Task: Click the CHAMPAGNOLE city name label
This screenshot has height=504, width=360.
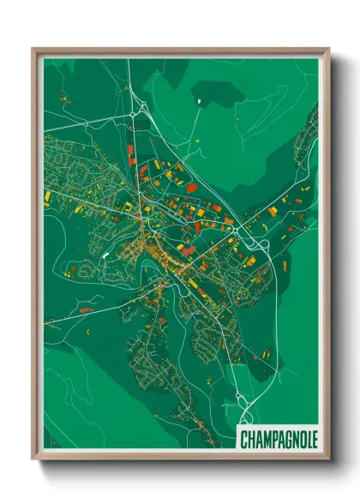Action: coord(279,440)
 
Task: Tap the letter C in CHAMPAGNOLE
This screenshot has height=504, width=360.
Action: coord(244,440)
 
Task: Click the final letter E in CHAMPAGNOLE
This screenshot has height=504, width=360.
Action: coord(313,440)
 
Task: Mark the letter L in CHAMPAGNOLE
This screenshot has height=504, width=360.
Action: coord(306,440)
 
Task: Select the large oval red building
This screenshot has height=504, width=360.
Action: coord(192,187)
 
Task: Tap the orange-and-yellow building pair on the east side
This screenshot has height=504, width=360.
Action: coord(273,210)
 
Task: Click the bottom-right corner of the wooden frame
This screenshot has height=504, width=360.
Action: coord(327,458)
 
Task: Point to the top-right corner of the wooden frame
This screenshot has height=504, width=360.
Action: coord(327,50)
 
